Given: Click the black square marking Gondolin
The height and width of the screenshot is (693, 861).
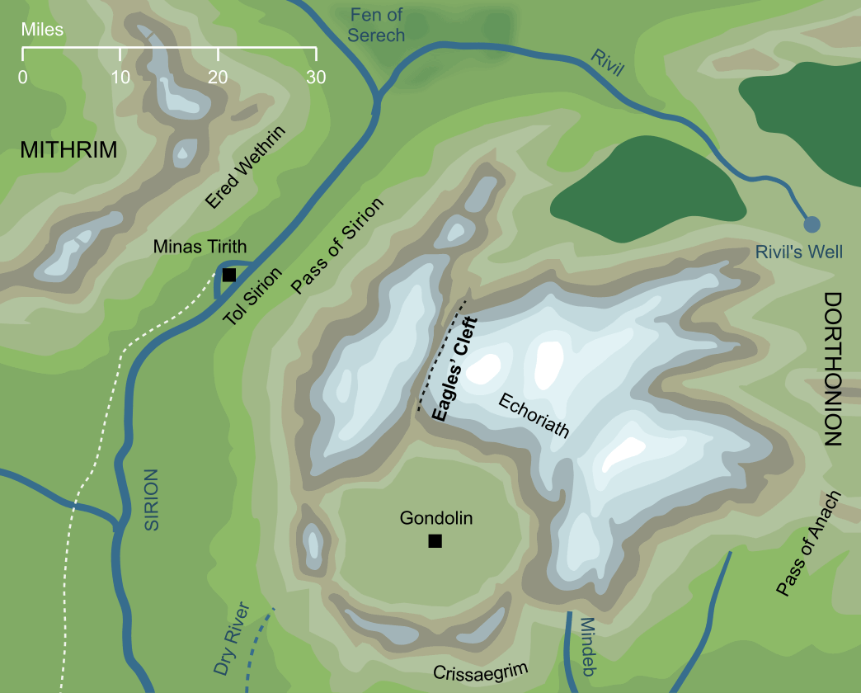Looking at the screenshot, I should (435, 541).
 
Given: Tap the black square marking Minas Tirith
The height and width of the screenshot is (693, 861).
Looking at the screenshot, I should (229, 275).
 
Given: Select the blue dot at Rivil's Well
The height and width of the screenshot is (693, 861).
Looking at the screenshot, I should (812, 224).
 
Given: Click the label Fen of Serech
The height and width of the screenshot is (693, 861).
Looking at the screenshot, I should (376, 25).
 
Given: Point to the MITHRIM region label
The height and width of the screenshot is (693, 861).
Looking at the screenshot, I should (68, 150).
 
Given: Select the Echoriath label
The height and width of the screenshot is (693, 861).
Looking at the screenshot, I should (534, 415).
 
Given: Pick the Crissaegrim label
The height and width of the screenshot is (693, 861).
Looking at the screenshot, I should (480, 672).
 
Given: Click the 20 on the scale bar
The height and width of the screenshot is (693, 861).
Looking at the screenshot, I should (218, 78).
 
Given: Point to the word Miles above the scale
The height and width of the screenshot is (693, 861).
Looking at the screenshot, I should (42, 31).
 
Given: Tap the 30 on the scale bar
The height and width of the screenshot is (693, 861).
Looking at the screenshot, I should (316, 78).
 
